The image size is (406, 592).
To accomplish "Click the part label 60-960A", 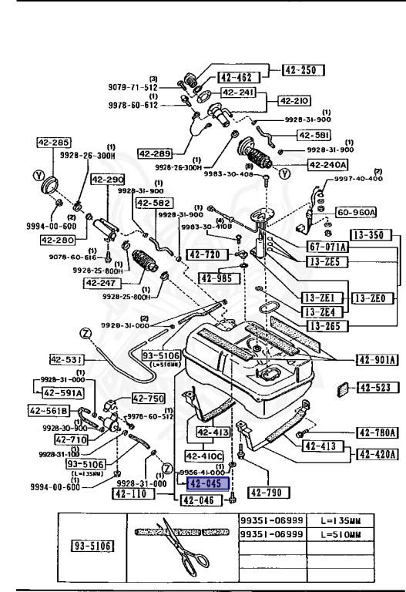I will coord(355,211).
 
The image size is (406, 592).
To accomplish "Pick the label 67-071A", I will coord(327,247).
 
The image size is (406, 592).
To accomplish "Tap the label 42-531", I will coord(65,359).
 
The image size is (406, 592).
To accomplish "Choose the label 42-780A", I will coord(376,432).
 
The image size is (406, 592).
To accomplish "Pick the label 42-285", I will coord(53,143).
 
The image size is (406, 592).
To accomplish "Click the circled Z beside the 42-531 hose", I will coord(86,333).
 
